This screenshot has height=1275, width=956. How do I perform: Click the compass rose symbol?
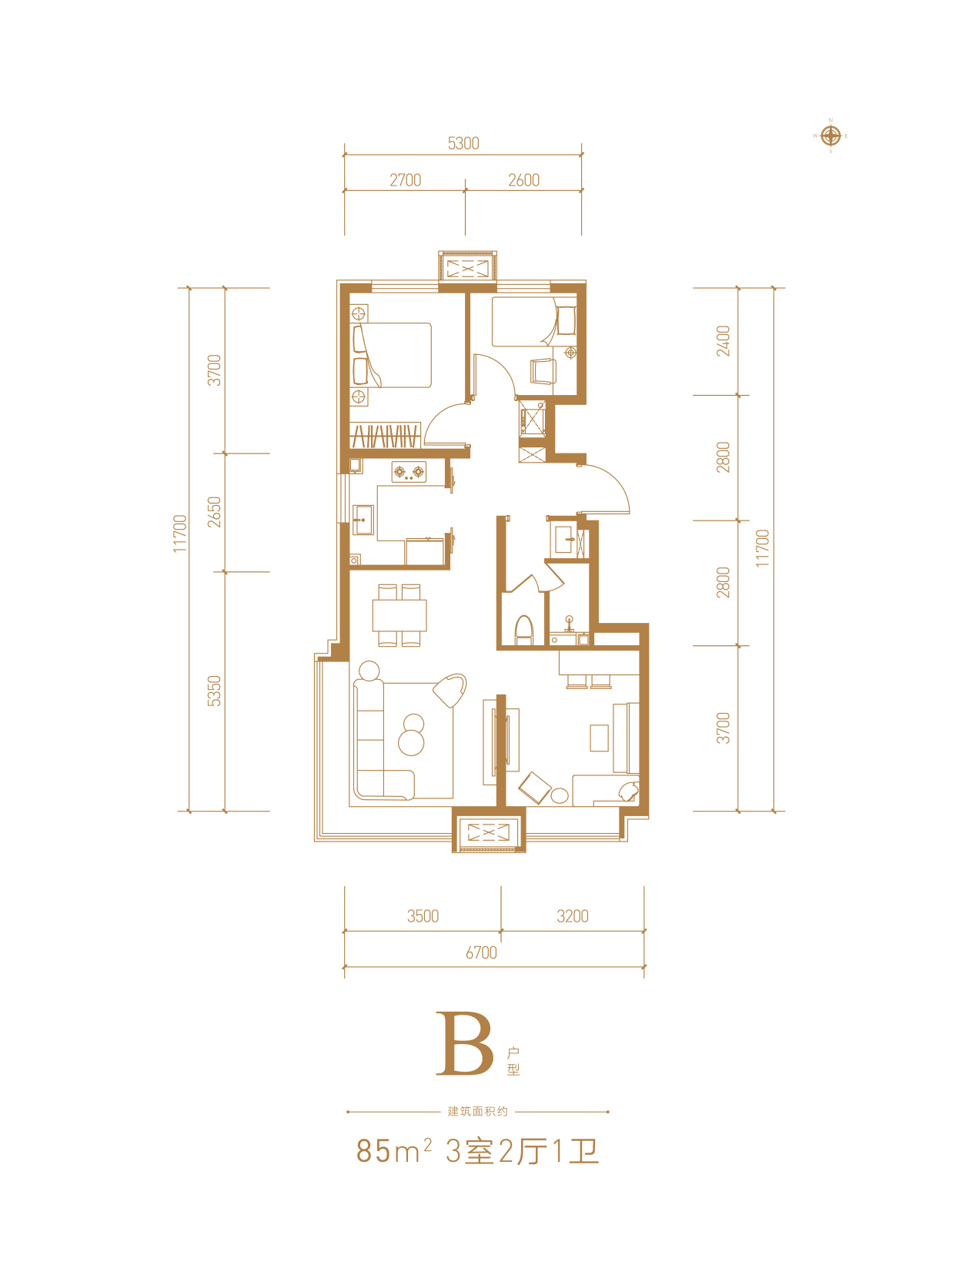[830, 136]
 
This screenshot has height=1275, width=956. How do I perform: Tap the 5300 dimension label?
[463, 143]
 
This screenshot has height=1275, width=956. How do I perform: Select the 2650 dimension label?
[215, 512]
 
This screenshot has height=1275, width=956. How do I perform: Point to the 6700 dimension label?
[481, 952]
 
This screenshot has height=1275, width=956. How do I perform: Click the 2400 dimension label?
[723, 341]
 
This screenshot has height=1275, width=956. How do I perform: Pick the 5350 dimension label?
[215, 691]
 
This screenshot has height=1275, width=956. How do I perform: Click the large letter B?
[464, 1043]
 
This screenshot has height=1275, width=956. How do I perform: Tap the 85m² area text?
[393, 1151]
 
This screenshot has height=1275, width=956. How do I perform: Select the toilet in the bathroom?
[523, 631]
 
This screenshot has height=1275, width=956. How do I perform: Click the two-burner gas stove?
[409, 472]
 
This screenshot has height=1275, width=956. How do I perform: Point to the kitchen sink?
[363, 520]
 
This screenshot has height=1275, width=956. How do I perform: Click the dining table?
[399, 615]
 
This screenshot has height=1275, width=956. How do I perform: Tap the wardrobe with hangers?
[385, 435]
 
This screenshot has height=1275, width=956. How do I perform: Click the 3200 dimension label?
[573, 916]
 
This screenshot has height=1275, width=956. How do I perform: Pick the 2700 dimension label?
[405, 180]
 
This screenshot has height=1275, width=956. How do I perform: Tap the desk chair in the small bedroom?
[543, 371]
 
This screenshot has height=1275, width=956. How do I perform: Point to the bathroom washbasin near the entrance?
[563, 540]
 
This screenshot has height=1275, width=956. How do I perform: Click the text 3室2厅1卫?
[522, 1151]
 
